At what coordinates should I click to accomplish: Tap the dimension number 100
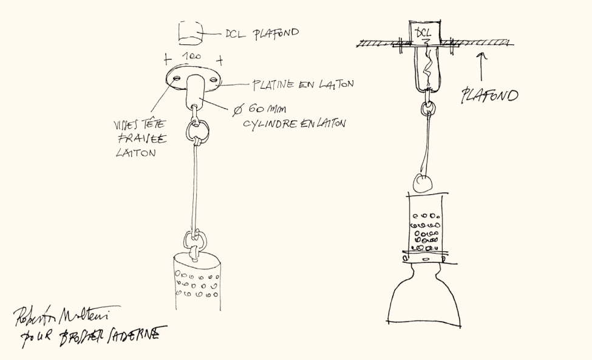tap(192, 56)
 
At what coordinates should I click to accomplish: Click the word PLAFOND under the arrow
tap(489, 95)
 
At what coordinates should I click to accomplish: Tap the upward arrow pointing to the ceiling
tap(482, 66)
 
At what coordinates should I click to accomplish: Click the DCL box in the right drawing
tap(425, 35)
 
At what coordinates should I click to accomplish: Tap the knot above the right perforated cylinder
tap(421, 181)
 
